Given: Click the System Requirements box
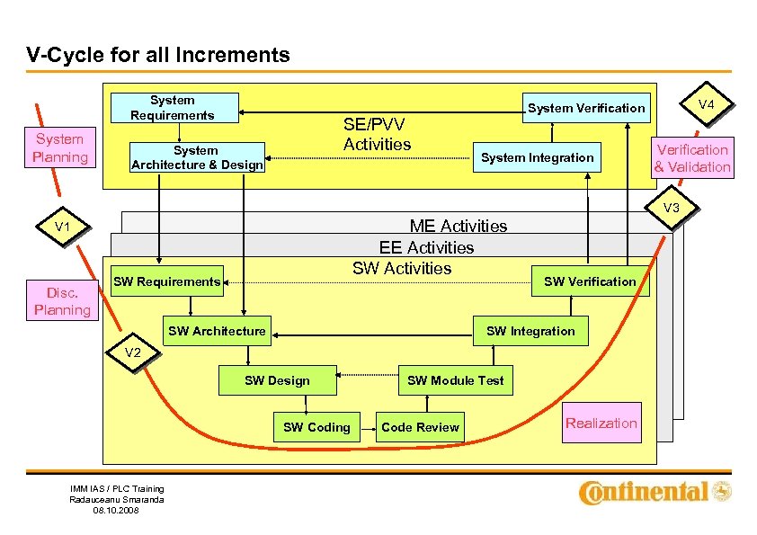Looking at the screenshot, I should (172, 107).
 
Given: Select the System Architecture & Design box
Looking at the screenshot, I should (197, 157).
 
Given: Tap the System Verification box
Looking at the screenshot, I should (586, 108).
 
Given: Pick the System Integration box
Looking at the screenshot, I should (537, 157).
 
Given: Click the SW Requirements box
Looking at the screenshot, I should (166, 281).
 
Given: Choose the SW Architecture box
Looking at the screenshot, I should (217, 331).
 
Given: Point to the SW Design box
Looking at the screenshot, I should (277, 380).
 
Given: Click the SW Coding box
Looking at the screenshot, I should (316, 427).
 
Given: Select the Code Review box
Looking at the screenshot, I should (420, 427).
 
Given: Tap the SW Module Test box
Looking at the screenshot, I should (456, 380).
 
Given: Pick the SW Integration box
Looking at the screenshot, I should (530, 331).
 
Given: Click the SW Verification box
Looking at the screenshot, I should (590, 281).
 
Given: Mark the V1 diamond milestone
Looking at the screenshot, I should (62, 227).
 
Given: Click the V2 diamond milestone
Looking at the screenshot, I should (132, 352).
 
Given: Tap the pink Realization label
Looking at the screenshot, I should (601, 423).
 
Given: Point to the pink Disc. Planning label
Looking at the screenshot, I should (62, 301).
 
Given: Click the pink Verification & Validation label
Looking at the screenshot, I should (691, 158).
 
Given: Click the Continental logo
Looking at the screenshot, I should (655, 492).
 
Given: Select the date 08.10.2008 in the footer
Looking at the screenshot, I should (117, 511).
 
